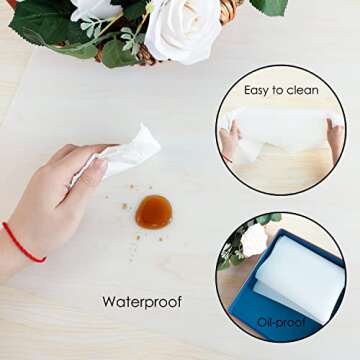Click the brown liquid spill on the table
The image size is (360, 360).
[153, 210]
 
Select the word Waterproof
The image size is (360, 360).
[141, 301]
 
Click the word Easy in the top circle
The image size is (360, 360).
[258, 90]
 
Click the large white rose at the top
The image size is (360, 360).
[182, 29]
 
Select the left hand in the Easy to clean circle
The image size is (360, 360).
[229, 140]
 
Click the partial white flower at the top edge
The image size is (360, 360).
[96, 8]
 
